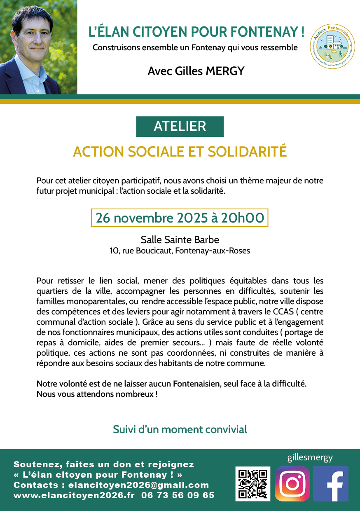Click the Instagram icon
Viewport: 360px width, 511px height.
point(292,483)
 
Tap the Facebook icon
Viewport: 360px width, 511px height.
point(331,483)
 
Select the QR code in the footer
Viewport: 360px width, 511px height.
point(253,484)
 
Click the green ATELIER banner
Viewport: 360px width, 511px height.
point(180,127)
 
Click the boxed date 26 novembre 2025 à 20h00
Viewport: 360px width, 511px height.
point(180,218)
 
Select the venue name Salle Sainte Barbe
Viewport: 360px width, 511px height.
point(180,239)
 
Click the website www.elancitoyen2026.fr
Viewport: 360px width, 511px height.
point(74,495)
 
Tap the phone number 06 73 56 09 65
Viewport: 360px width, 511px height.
point(178,495)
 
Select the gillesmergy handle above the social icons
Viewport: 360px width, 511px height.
point(310,458)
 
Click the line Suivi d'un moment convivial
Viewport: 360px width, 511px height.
point(180,429)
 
